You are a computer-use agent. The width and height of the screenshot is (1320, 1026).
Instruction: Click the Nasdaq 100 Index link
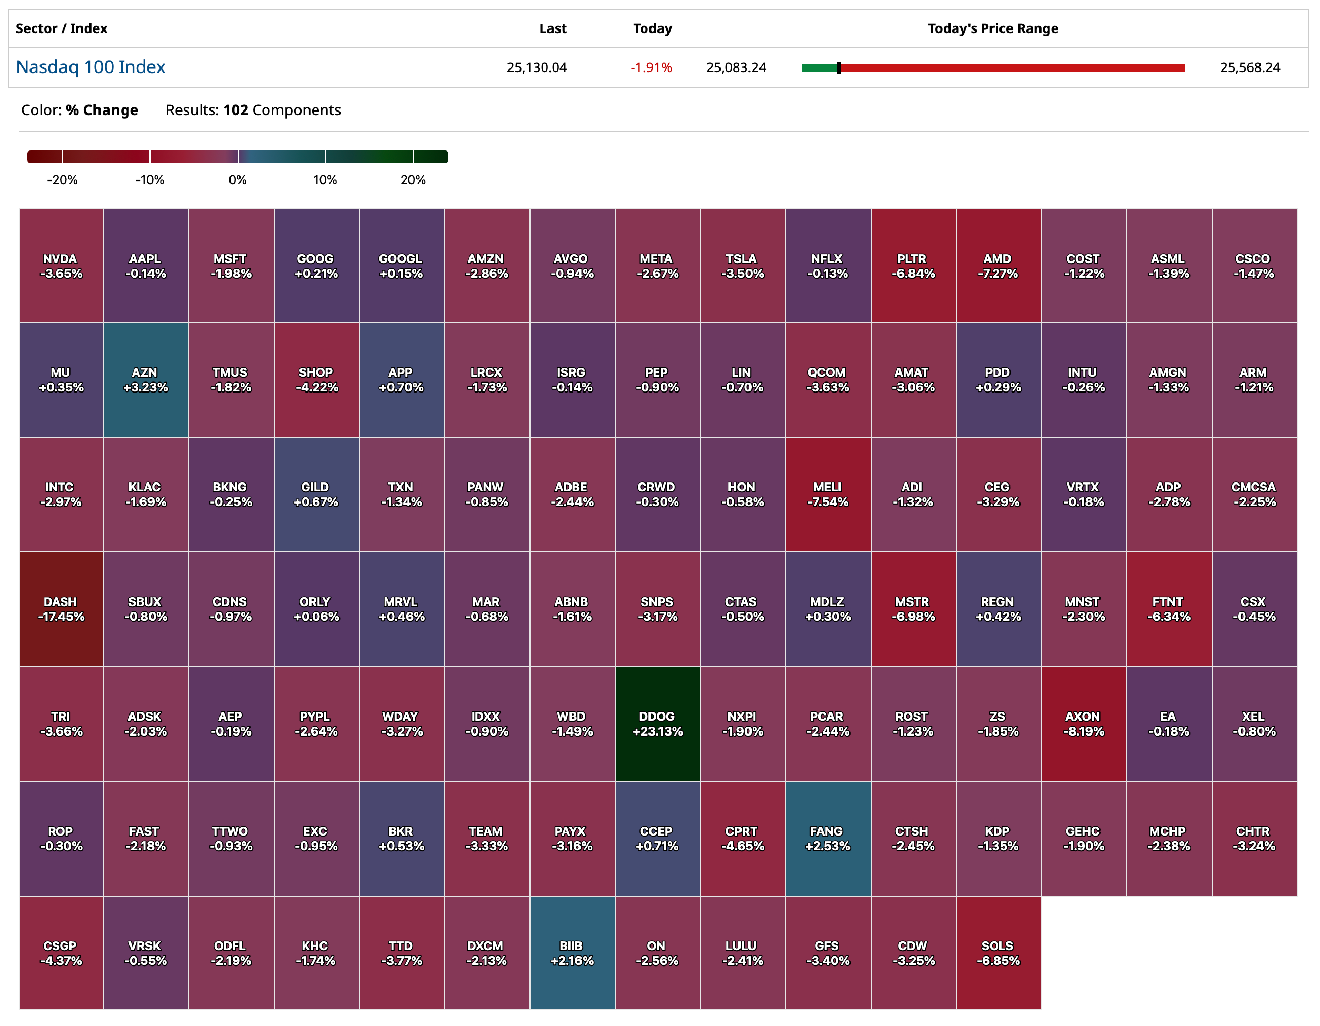tap(91, 67)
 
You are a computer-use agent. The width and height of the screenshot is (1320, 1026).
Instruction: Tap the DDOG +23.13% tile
tap(657, 723)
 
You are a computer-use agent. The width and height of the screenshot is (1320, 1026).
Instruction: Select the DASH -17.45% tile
tap(61, 609)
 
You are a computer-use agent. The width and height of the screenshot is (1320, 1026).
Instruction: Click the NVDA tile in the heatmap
tap(61, 266)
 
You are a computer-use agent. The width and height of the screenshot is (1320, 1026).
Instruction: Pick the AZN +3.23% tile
tap(146, 379)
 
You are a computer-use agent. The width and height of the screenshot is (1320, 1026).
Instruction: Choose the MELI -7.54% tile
tap(828, 494)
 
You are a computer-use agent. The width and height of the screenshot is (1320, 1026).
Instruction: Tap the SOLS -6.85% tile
tap(998, 953)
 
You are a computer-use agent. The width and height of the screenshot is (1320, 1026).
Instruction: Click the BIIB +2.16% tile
tap(572, 953)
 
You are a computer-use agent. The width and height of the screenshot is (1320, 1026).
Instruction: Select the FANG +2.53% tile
tap(827, 838)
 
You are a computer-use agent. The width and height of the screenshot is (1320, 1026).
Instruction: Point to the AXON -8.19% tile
tap(1083, 723)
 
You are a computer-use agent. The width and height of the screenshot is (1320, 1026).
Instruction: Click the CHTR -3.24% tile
tap(1254, 838)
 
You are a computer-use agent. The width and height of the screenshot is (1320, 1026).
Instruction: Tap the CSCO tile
tap(1254, 266)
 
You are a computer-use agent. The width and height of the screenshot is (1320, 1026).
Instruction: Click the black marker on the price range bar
tap(838, 68)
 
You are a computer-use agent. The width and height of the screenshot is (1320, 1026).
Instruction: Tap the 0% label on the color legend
tap(237, 180)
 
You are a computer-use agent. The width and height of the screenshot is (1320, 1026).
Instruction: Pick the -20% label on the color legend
tap(62, 180)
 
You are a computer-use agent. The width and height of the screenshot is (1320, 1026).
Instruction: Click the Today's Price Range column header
tap(993, 28)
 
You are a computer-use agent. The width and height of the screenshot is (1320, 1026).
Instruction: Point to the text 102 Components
tap(282, 110)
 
